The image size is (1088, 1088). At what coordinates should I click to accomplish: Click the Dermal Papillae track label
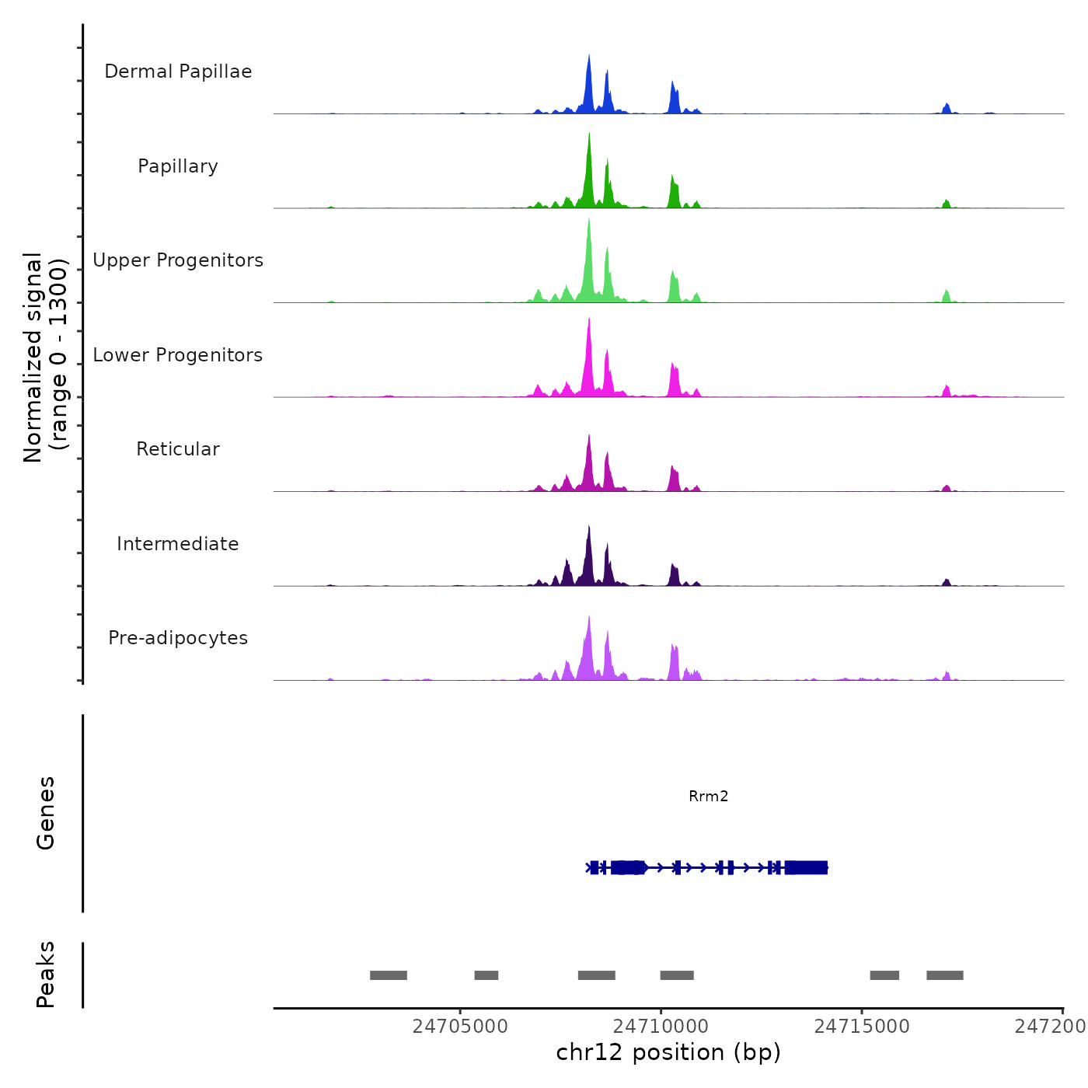(x=178, y=71)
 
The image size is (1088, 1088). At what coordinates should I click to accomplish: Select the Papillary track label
(x=178, y=166)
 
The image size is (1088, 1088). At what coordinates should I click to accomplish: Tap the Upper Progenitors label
(x=178, y=260)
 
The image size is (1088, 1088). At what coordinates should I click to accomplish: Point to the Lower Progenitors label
(x=178, y=355)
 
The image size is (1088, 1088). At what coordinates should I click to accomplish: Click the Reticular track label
(x=178, y=449)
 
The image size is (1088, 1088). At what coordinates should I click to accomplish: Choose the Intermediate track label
(x=178, y=544)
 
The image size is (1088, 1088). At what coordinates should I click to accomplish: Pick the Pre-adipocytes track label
(x=178, y=638)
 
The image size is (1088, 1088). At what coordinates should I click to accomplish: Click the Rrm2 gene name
(x=708, y=796)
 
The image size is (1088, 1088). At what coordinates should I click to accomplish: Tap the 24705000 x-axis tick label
(x=460, y=1027)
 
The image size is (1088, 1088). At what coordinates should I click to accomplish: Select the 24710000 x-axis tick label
(x=661, y=1027)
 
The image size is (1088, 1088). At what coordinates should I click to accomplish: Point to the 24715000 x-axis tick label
(x=862, y=1027)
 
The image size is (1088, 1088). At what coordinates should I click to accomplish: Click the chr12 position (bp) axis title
(x=668, y=1053)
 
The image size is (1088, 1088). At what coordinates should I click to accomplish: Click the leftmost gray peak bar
(x=389, y=975)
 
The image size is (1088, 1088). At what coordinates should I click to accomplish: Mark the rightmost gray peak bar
(x=944, y=975)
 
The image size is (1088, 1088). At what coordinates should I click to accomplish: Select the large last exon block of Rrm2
(x=806, y=867)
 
